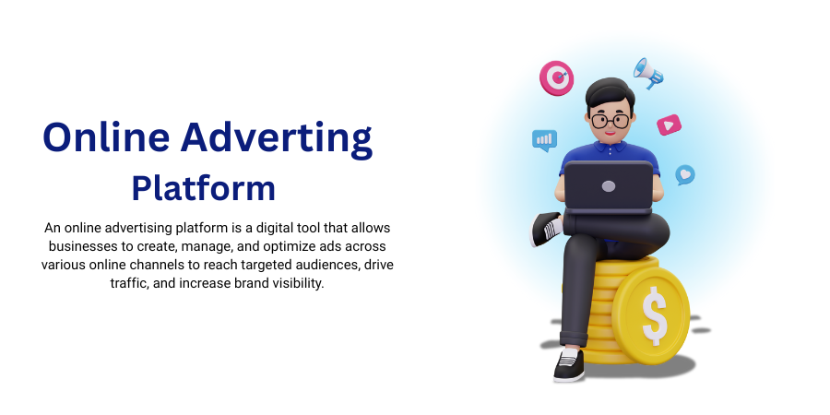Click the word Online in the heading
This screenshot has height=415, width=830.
[x=106, y=136]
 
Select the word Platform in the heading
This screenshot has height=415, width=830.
[x=204, y=188]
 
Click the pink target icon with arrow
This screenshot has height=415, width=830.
[x=556, y=77]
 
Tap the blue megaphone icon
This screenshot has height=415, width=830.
[x=648, y=73]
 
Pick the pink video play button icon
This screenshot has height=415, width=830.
[x=670, y=125]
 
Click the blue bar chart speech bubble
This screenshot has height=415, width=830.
[x=544, y=140]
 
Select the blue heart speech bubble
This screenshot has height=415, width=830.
[x=685, y=174]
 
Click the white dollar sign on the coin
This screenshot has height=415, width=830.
[x=654, y=316]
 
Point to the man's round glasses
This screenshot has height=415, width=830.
[x=611, y=121]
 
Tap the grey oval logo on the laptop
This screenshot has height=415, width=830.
[x=609, y=186]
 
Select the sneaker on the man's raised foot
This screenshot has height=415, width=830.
[x=546, y=229]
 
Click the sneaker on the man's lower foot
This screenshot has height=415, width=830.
[x=569, y=364]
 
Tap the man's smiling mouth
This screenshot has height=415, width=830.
[x=611, y=134]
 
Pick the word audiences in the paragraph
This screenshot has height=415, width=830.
[x=328, y=265]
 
